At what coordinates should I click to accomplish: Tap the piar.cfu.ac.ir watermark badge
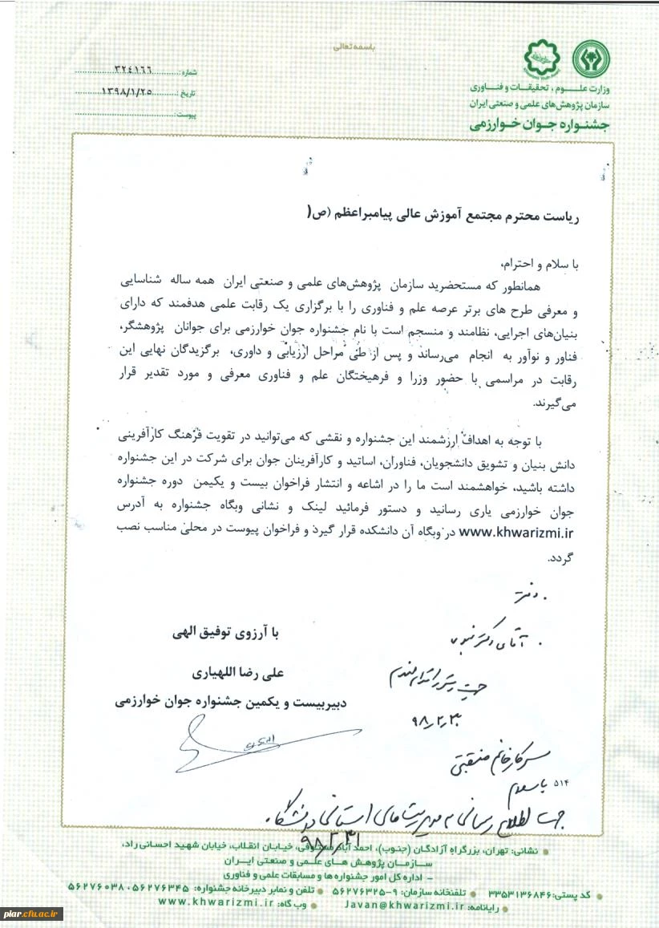[32, 914]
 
